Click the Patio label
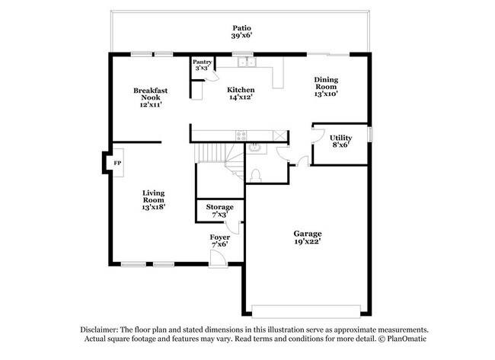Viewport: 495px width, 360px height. point(241,27)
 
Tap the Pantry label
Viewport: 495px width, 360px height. point(201,62)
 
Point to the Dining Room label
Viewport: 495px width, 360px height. point(326,84)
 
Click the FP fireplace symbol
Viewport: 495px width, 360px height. point(117,164)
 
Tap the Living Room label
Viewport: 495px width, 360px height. point(153,199)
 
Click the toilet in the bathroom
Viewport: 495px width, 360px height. point(257,174)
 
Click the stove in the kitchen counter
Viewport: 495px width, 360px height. point(241,136)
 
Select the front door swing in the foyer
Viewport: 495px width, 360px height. point(218,259)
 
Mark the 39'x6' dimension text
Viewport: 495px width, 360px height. point(241,36)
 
